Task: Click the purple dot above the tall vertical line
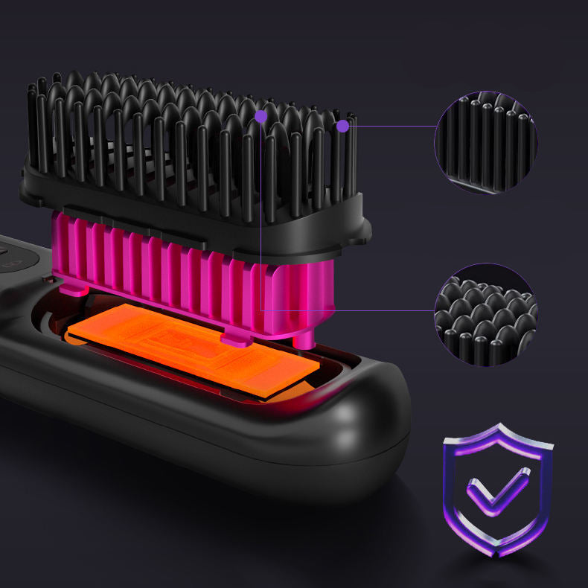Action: pos(261,116)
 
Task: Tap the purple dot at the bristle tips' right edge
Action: pos(342,126)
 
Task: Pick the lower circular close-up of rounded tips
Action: pos(485,312)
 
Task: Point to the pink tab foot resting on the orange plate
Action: pos(234,339)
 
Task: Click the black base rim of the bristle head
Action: pos(223,223)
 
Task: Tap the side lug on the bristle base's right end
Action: pos(365,232)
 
